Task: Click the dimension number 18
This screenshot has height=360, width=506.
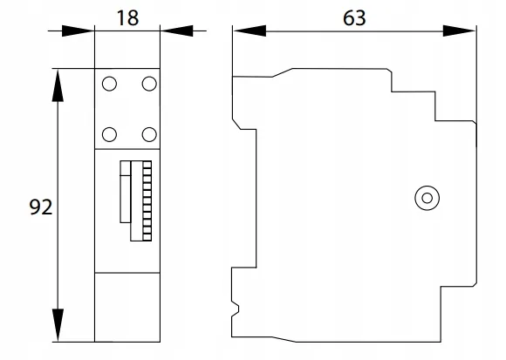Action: pos(128,18)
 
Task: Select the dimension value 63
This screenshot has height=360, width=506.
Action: pos(354,18)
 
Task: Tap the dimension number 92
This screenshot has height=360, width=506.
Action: pos(41,207)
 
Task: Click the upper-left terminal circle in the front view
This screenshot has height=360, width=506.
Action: pos(109,84)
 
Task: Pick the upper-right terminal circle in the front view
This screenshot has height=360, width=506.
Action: pos(149,84)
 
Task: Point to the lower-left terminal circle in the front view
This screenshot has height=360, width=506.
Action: pos(109,134)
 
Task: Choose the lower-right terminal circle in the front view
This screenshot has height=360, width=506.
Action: pos(149,134)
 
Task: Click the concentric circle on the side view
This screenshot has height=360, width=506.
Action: pos(427,198)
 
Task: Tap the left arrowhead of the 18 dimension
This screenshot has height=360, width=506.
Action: pos(78,31)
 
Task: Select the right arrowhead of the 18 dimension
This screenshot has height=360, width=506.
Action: pos(177,31)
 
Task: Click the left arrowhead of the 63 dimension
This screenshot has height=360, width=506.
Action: pos(250,31)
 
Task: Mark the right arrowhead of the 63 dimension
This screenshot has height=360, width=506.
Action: pos(459,31)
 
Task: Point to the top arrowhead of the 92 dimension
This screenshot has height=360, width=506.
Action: pos(58,85)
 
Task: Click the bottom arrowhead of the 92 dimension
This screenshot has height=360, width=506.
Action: pos(58,325)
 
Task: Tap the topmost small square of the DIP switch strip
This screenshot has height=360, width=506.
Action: pos(147,165)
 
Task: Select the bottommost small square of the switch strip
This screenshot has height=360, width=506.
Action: pos(147,237)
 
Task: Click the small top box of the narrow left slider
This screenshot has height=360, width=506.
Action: pos(126,168)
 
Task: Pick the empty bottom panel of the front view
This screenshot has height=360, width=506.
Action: pos(127,307)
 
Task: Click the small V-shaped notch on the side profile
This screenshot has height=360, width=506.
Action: pos(236,309)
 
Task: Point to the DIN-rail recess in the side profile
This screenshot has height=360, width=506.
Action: pos(244,198)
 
